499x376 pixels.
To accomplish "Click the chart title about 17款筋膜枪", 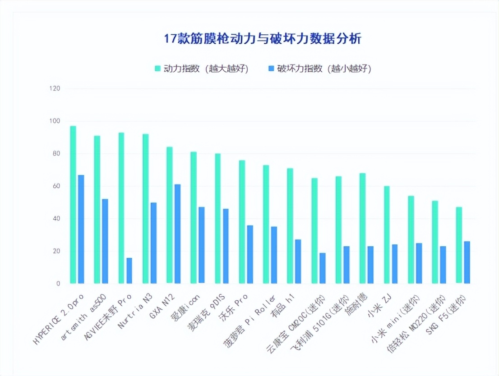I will pyautogui.click(x=262, y=39).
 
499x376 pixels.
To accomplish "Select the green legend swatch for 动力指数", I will pyautogui.click(x=158, y=69).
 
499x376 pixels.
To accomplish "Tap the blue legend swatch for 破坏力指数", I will pyautogui.click(x=271, y=69).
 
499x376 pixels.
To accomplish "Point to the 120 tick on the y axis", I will pyautogui.click(x=55, y=88).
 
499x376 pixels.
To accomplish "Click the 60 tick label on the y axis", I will pyautogui.click(x=56, y=186).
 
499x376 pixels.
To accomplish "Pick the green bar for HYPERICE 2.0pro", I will pyautogui.click(x=73, y=205).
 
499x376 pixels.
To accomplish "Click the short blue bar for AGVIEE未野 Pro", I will pyautogui.click(x=129, y=271).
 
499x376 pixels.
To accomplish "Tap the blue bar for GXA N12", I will pyautogui.click(x=177, y=234).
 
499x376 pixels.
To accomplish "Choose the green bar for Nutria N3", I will pyautogui.click(x=145, y=209).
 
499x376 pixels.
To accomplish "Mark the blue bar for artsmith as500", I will pyautogui.click(x=105, y=241).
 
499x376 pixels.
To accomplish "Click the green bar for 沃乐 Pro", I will pyautogui.click(x=242, y=222).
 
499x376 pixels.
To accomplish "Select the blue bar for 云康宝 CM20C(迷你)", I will pyautogui.click(x=322, y=268).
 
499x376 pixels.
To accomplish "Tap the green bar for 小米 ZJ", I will pyautogui.click(x=387, y=234).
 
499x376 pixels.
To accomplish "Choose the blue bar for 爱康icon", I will pyautogui.click(x=201, y=245).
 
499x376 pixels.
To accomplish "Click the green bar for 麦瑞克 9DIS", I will pyautogui.click(x=218, y=218).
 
